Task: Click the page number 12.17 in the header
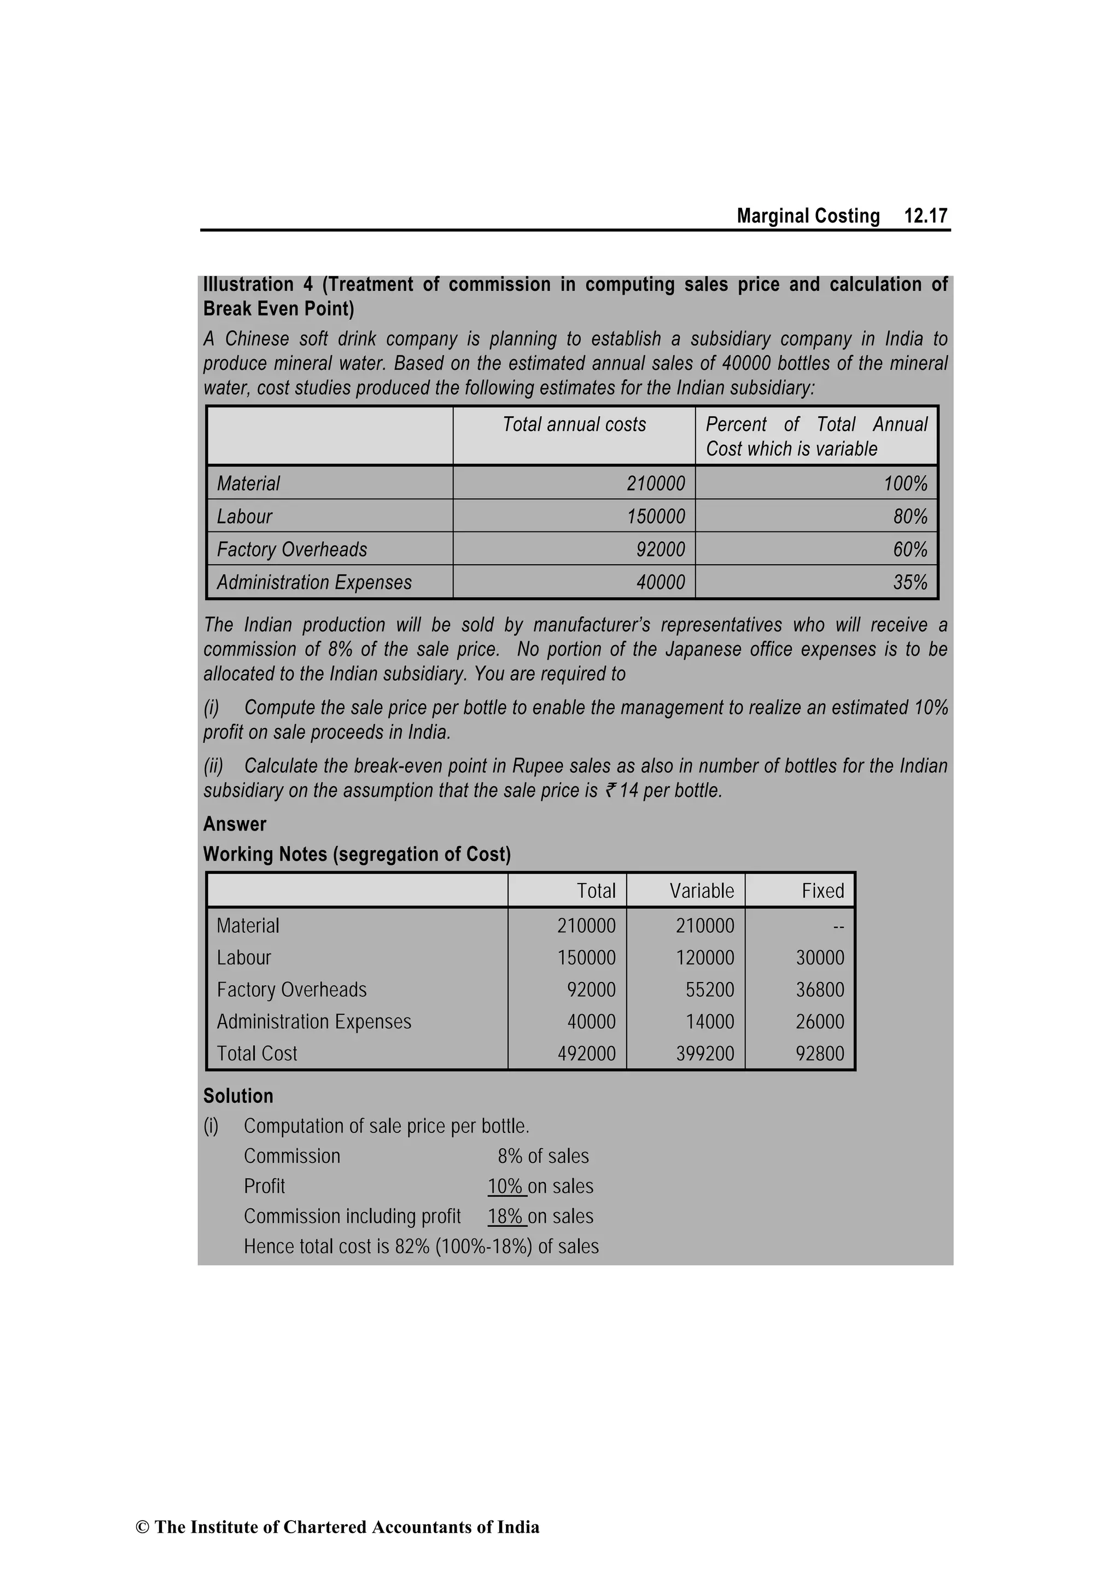click(925, 216)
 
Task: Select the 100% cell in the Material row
click(906, 483)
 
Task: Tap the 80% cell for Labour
click(909, 517)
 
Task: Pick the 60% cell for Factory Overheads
click(909, 550)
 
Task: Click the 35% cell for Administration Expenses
click(909, 583)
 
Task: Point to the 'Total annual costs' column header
click(574, 424)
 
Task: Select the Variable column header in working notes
click(701, 891)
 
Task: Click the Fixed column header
click(822, 891)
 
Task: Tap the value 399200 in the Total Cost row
click(704, 1054)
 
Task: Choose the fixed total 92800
click(820, 1054)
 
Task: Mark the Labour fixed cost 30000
click(820, 957)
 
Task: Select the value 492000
click(586, 1054)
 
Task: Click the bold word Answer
click(235, 825)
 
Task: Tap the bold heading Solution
click(238, 1096)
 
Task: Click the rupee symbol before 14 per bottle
click(610, 791)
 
